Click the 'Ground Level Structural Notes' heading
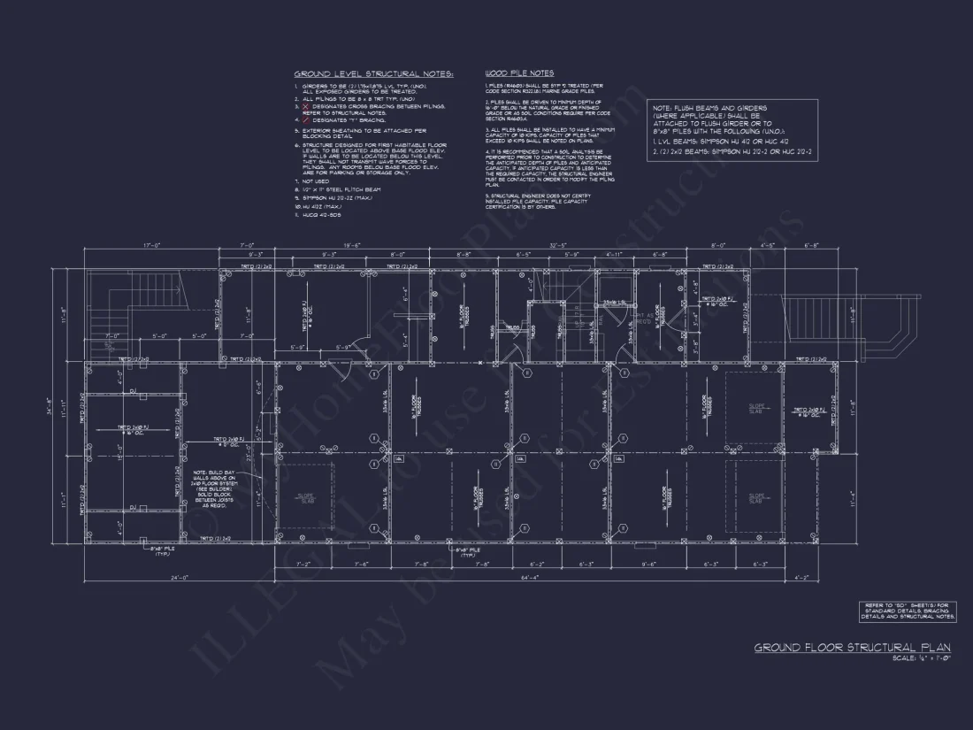(x=373, y=73)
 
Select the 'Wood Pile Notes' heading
(x=519, y=73)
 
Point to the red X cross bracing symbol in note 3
(x=306, y=105)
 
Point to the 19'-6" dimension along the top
(x=351, y=245)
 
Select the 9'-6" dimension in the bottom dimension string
(x=648, y=564)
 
